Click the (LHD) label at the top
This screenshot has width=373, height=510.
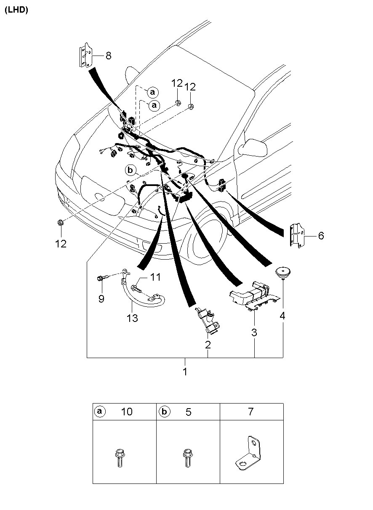[16, 10]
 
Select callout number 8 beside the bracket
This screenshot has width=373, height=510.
[108, 56]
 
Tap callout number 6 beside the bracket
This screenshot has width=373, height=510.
[321, 236]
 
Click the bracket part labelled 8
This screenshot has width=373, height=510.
[85, 55]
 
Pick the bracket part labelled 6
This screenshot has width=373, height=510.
[297, 236]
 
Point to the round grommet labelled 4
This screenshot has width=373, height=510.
[282, 273]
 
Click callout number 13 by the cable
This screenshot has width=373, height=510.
[132, 318]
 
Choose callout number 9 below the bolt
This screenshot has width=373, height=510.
[101, 298]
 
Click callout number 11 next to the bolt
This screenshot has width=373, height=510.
[155, 277]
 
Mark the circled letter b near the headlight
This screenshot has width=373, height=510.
[131, 170]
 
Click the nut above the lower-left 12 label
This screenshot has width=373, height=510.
[60, 222]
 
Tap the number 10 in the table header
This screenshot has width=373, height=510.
[127, 412]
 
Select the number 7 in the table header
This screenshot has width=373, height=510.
[250, 412]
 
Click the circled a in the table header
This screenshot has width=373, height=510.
[100, 412]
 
